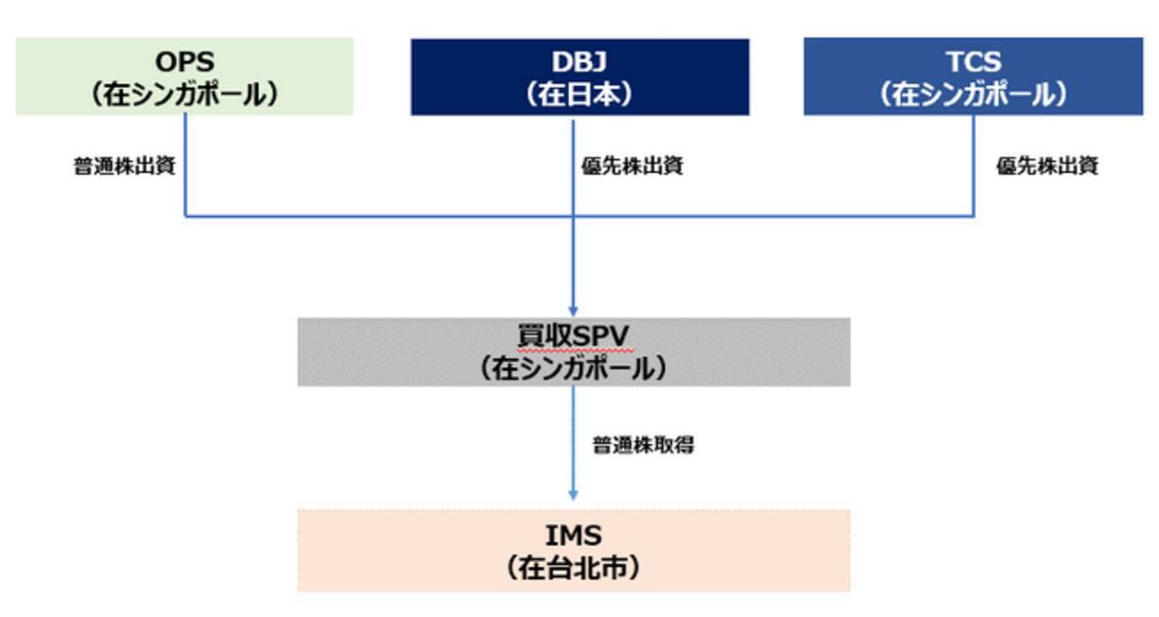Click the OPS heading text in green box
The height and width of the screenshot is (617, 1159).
[x=185, y=62]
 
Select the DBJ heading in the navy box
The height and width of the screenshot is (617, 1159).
[x=579, y=62]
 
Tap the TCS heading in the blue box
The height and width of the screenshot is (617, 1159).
[x=973, y=62]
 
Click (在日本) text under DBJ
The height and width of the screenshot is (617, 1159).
[x=579, y=94]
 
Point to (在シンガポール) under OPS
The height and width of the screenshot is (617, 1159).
[x=185, y=94]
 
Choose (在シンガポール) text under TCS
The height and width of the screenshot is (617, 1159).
[x=973, y=94]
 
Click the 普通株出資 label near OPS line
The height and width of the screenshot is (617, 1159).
[x=125, y=166]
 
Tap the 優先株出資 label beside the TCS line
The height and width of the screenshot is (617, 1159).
[x=1047, y=166]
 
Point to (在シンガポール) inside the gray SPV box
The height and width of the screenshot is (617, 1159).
[x=574, y=368]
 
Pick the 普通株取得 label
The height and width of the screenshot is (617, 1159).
[x=643, y=445]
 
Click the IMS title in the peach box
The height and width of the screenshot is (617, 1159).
[x=574, y=536]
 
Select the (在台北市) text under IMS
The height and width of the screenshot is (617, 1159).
[x=574, y=568]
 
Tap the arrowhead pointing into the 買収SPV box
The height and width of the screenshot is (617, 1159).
[x=573, y=311]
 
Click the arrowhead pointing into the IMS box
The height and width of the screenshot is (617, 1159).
[x=573, y=494]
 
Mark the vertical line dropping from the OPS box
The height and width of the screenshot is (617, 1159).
[x=185, y=165]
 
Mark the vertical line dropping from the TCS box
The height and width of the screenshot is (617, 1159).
[x=974, y=165]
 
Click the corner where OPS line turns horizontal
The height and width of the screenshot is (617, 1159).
[x=185, y=216]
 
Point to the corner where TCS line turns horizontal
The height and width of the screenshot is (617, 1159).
[x=974, y=216]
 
